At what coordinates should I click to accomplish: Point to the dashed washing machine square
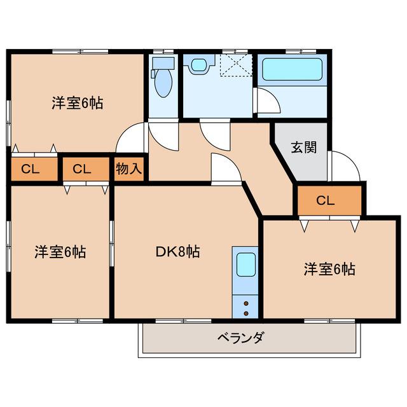coord(234,65)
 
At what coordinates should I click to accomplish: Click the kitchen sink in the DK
coord(245,265)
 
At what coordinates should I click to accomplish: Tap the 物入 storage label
coord(130,169)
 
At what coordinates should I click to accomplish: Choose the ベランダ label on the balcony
coord(240,337)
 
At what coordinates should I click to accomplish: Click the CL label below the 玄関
coord(326,201)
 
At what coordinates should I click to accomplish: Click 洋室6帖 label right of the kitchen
coord(329,269)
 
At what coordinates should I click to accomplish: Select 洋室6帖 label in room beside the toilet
coord(78,102)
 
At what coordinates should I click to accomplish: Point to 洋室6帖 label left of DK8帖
coord(60,252)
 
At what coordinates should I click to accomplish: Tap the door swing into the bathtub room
coord(265,102)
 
